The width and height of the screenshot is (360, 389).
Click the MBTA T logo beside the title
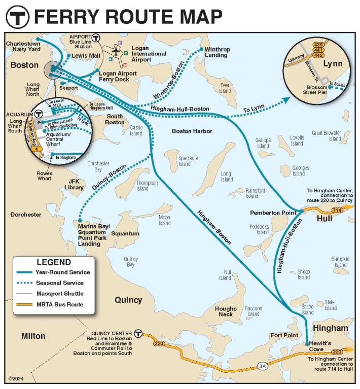click(x=17, y=17)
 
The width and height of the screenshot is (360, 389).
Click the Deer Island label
click(x=225, y=88)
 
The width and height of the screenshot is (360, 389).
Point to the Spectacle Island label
click(x=185, y=161)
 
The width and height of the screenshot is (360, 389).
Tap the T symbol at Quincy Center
click(x=138, y=334)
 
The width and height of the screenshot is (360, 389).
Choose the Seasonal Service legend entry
click(x=59, y=283)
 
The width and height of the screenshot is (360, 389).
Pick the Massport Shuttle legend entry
click(x=59, y=294)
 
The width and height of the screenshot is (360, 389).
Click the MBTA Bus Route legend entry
click(x=59, y=304)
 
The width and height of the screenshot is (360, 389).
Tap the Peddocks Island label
click(x=262, y=229)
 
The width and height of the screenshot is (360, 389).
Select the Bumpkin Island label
click(x=340, y=262)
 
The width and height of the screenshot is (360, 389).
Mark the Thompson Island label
click(x=142, y=186)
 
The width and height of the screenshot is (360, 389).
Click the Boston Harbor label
click(x=192, y=131)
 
